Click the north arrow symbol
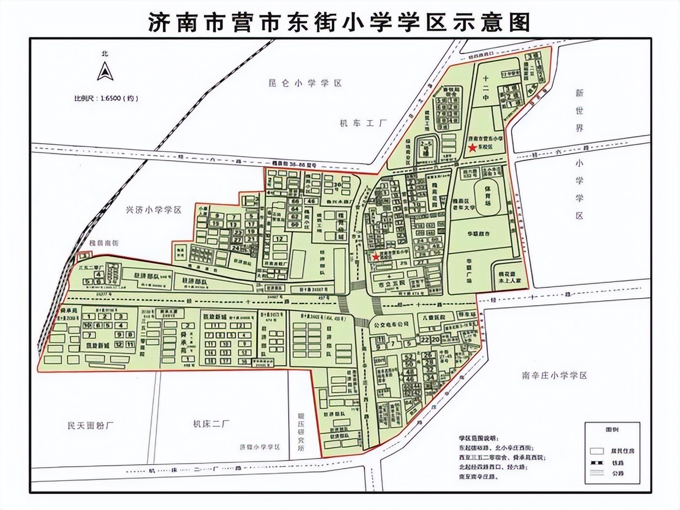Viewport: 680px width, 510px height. [x=105, y=71]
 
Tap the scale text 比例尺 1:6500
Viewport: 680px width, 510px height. [x=106, y=98]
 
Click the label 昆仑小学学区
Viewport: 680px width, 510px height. [x=305, y=83]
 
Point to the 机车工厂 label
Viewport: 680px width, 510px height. [x=363, y=123]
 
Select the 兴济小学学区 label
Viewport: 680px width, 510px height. [x=154, y=210]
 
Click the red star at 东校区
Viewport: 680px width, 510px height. [x=472, y=147]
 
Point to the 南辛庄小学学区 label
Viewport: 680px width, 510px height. [x=554, y=376]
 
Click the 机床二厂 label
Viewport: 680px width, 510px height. [x=211, y=424]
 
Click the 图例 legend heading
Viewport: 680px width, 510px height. [x=612, y=429]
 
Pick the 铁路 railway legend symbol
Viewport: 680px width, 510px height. [x=597, y=462]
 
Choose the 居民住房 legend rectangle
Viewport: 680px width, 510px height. [x=597, y=451]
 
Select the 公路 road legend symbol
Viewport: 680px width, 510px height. [x=597, y=473]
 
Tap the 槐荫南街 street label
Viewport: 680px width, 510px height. [x=104, y=243]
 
